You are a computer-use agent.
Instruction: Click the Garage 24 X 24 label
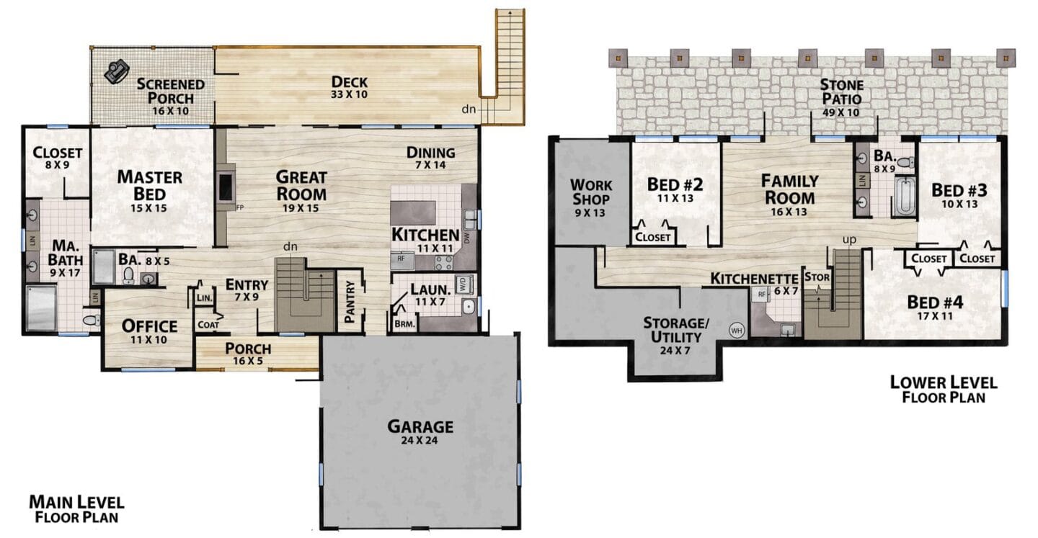420,431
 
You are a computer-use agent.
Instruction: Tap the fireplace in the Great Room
225,187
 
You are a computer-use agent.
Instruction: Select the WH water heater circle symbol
736,330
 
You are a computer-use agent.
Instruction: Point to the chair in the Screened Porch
116,71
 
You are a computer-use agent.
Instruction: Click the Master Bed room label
149,190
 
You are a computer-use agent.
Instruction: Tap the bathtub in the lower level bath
904,197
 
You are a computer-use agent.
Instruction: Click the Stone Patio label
841,98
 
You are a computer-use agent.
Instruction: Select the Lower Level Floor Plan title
944,390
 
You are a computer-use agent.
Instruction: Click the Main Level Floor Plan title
76,508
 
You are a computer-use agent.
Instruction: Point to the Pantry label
350,302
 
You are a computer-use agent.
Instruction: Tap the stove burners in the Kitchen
443,262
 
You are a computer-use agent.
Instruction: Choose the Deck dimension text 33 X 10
349,94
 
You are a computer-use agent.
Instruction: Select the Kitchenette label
754,279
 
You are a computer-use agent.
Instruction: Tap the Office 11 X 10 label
149,331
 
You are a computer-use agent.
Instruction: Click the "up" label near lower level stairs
849,240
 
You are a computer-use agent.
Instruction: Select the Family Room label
789,194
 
